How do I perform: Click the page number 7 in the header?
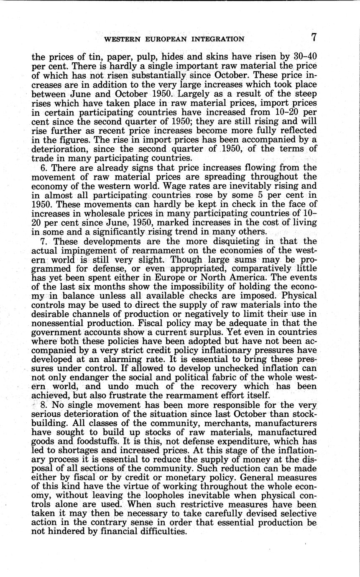coord(314,38)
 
